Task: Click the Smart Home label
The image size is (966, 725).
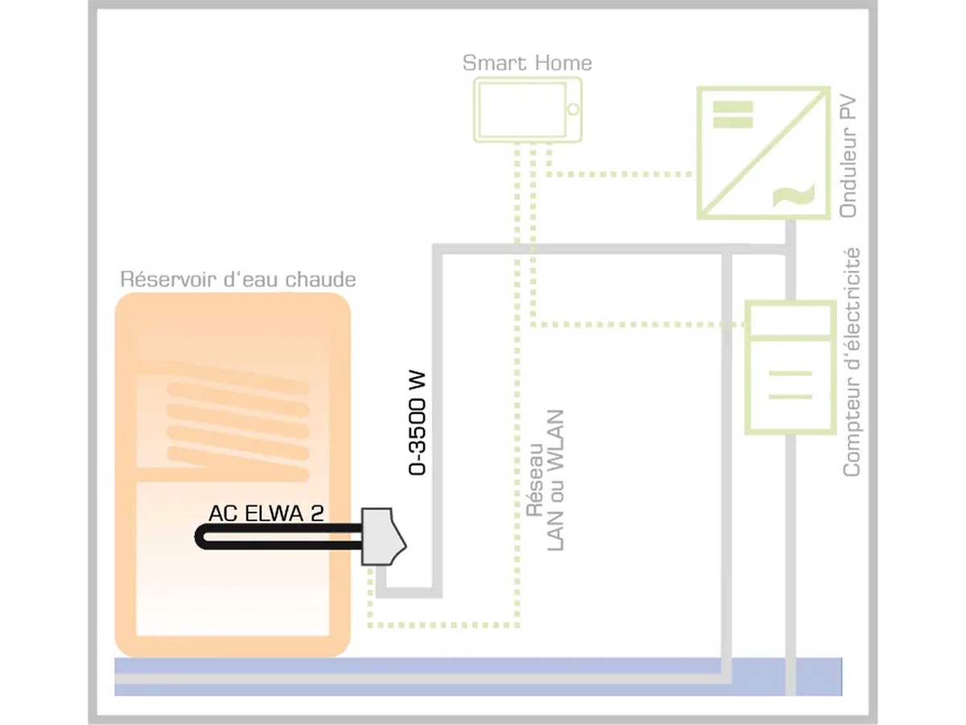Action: point(527,64)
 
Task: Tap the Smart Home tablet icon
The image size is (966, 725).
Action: point(527,109)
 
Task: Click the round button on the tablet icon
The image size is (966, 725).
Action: point(573,109)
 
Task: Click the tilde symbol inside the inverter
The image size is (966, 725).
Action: point(792,196)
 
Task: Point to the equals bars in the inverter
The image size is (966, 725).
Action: point(733,114)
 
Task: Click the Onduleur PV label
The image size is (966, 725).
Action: point(849,157)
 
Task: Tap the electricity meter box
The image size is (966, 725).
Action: point(789,367)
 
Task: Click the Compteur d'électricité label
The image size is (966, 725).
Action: point(852,362)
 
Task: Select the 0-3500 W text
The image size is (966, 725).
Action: point(418,423)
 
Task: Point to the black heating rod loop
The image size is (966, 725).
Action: point(274,537)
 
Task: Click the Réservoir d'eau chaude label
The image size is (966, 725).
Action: point(237,280)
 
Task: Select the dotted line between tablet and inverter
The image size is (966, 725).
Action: point(620,174)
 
